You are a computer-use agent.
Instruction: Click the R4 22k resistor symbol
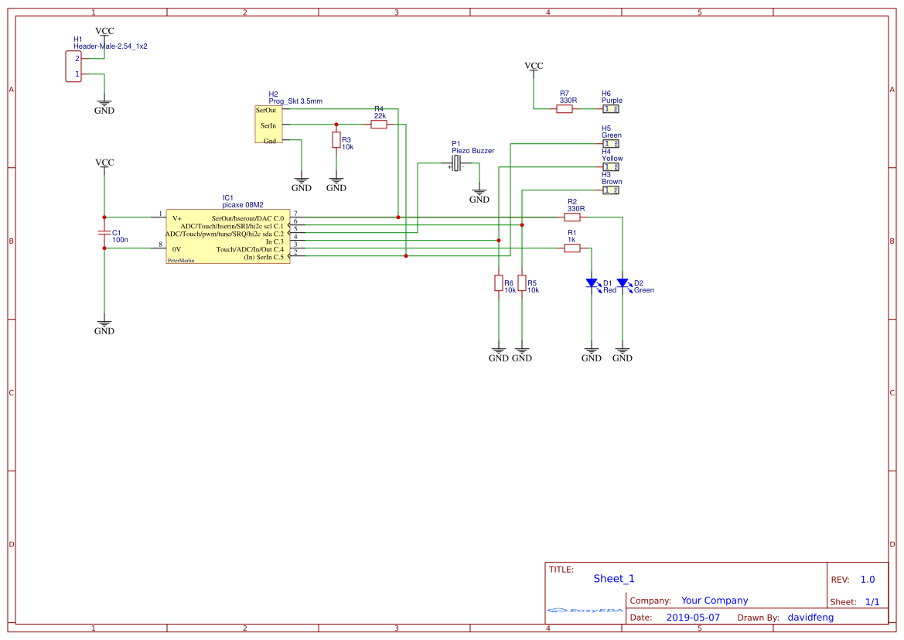(x=379, y=125)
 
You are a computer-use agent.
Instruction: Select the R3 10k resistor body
(x=336, y=140)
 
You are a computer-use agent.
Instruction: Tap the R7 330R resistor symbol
(x=565, y=109)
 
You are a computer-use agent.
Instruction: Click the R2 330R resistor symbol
(x=572, y=217)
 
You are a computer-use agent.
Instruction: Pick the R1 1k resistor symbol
(x=572, y=248)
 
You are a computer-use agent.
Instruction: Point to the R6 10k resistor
(x=499, y=283)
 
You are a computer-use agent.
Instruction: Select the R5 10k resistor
(x=522, y=283)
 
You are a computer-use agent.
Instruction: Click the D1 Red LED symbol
(x=592, y=283)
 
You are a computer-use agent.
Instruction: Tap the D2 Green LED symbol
(x=623, y=283)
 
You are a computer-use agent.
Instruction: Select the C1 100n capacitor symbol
(x=104, y=233)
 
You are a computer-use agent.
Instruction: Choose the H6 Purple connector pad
(x=611, y=109)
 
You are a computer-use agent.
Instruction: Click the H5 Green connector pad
(x=611, y=144)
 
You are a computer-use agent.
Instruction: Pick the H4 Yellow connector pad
(x=611, y=167)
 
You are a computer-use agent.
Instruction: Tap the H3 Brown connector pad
(x=611, y=190)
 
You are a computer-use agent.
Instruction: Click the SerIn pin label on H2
(x=268, y=125)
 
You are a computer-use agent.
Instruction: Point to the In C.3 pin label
(x=275, y=241)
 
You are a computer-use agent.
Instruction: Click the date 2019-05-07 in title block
(x=692, y=618)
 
